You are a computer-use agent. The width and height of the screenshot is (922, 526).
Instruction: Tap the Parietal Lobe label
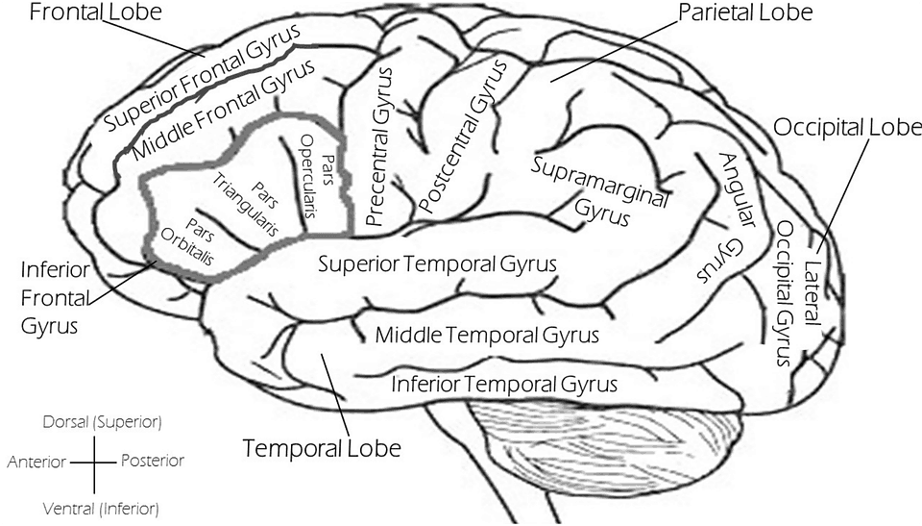[745, 13]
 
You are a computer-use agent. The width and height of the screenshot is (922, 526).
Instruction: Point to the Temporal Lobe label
[321, 448]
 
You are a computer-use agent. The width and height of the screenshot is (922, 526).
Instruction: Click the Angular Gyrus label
[724, 216]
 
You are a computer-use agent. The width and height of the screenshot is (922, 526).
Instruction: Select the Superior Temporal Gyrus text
[437, 263]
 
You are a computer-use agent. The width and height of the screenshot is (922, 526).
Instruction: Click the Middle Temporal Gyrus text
[486, 336]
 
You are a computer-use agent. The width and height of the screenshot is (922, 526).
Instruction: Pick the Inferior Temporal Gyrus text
[503, 385]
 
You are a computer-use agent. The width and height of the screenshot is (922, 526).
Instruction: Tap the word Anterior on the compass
[36, 463]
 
